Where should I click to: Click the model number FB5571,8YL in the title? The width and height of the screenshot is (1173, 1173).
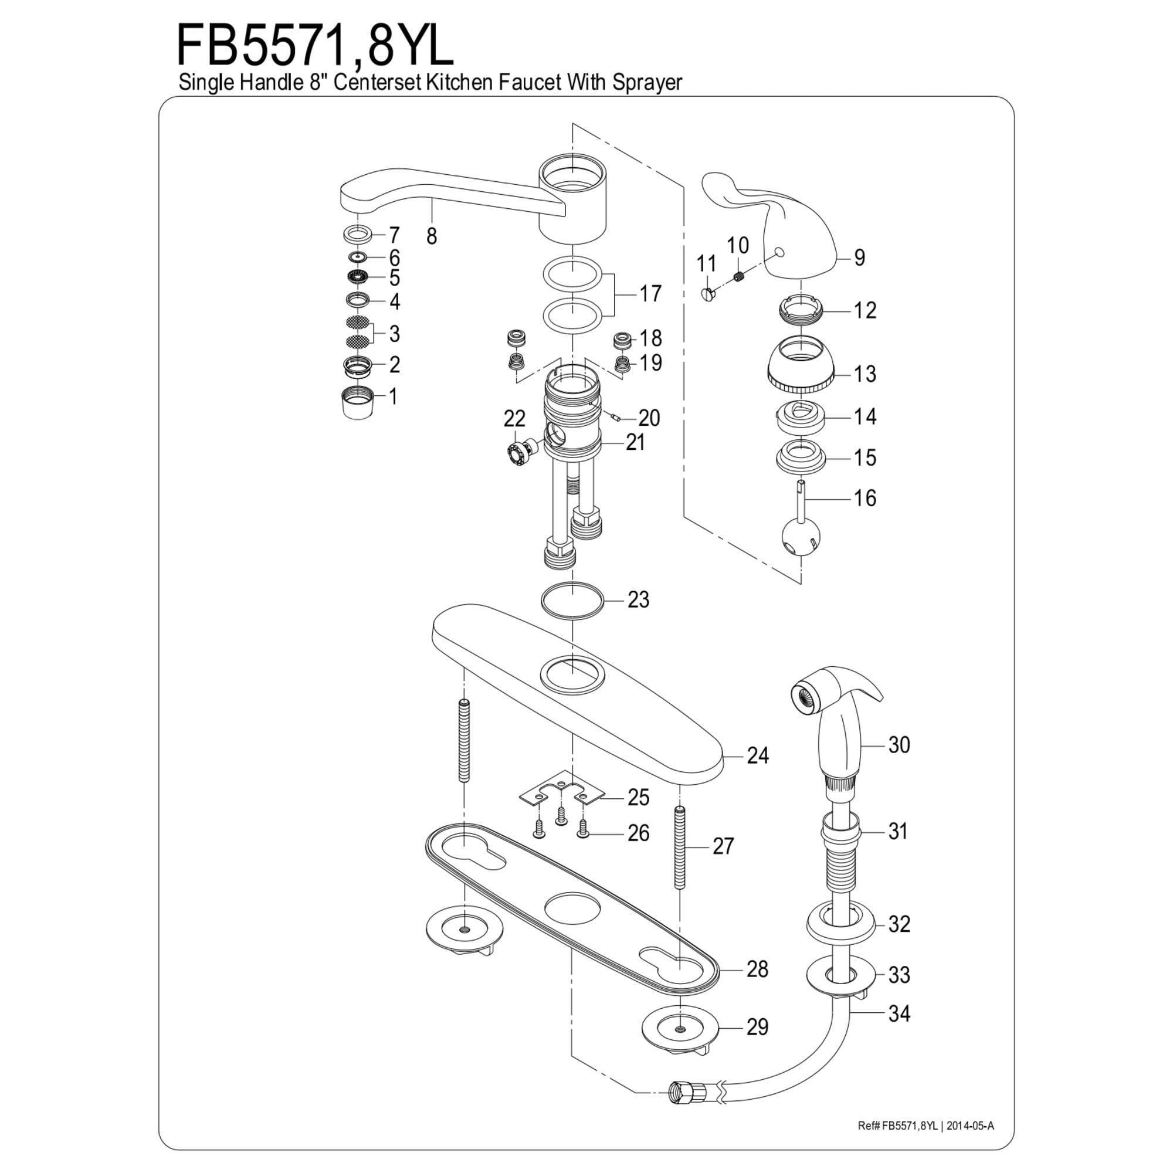pyautogui.click(x=314, y=46)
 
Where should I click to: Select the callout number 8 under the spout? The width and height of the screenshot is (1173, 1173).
pyautogui.click(x=431, y=237)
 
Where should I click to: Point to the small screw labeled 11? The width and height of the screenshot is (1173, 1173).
pyautogui.click(x=708, y=294)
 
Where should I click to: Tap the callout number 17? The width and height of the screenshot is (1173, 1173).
pyautogui.click(x=650, y=294)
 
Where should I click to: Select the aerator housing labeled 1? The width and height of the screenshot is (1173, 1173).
pyautogui.click(x=357, y=400)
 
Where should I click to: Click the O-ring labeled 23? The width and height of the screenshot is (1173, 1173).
pyautogui.click(x=572, y=601)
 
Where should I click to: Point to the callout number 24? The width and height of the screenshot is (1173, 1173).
pyautogui.click(x=757, y=755)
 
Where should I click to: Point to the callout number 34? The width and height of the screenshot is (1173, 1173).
pyautogui.click(x=899, y=1013)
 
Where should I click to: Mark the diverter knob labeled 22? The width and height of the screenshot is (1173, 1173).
pyautogui.click(x=517, y=452)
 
